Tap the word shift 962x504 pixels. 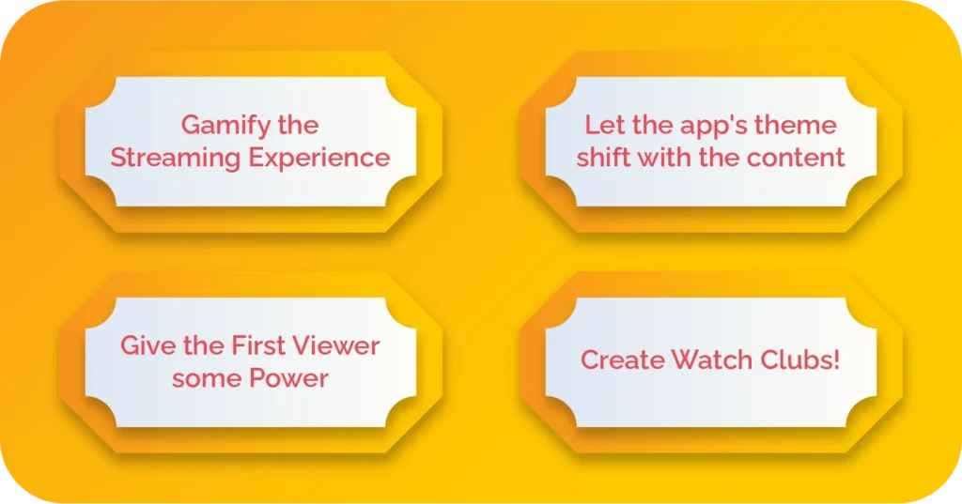(603, 157)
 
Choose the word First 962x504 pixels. (256, 345)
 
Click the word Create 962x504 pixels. (619, 359)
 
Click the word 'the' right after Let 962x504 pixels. (638, 125)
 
